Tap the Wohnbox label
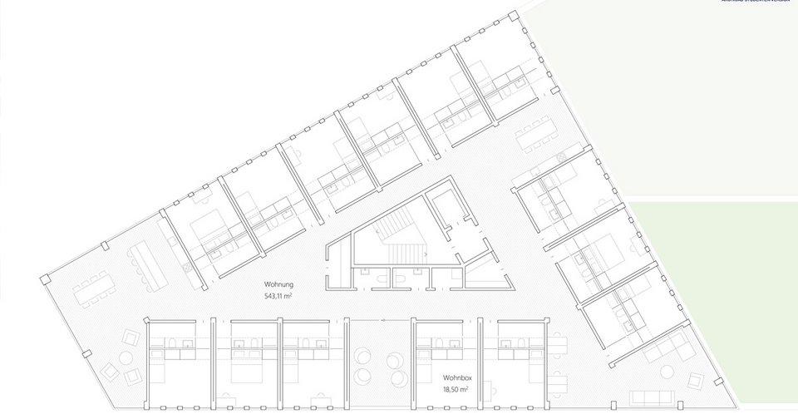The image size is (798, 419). (455, 377)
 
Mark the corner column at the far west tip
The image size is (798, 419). (42, 276)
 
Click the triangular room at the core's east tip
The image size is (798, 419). (482, 271)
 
